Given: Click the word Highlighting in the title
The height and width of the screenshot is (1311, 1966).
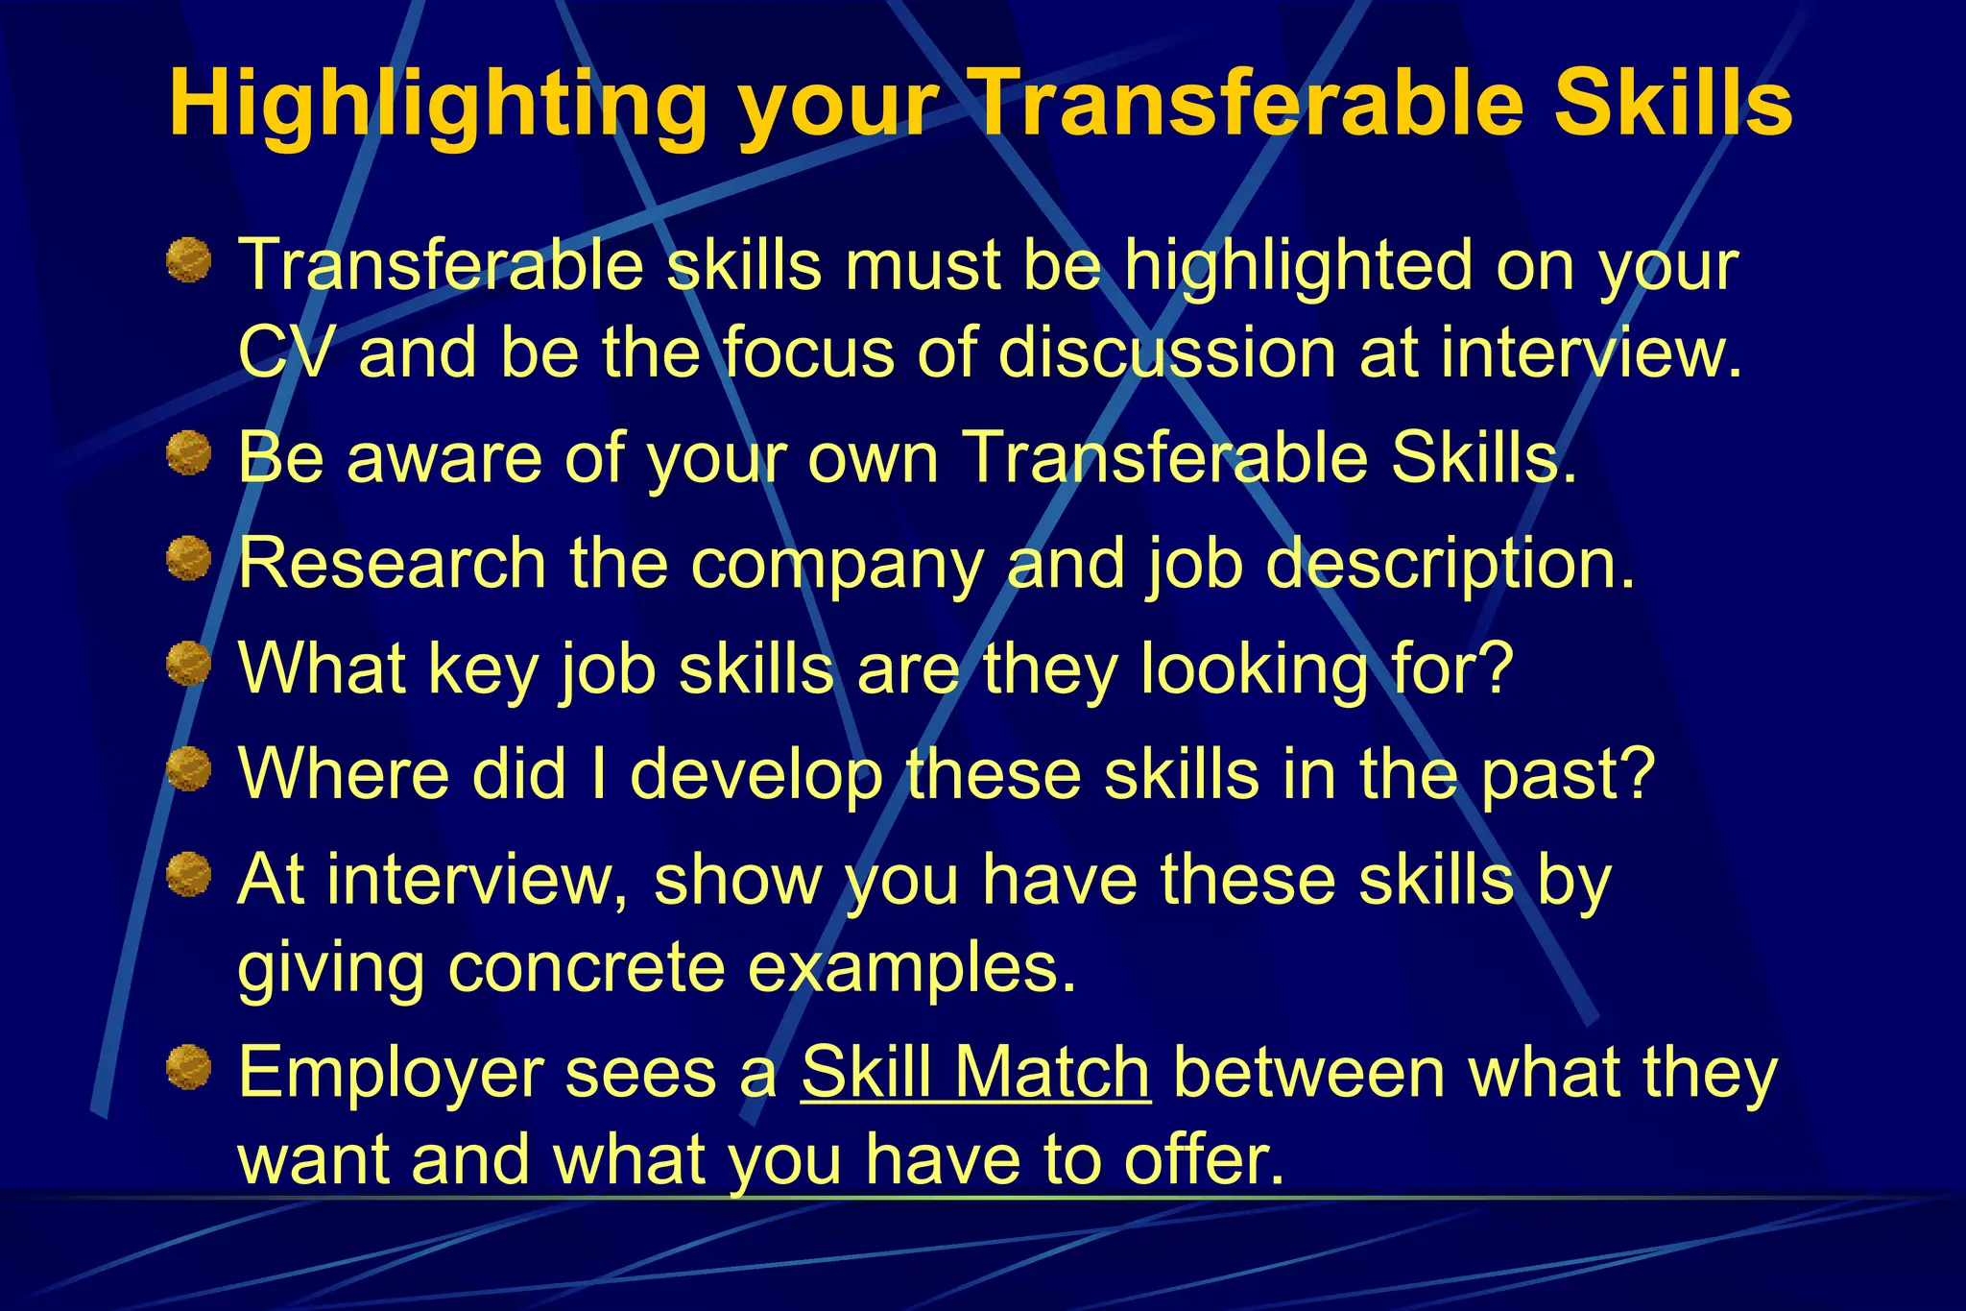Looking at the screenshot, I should point(438,106).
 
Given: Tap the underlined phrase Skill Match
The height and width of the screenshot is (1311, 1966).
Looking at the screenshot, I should point(975,1072).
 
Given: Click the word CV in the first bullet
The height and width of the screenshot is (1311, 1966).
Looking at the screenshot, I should point(286,352).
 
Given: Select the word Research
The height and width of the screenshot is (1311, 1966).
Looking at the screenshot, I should point(392,563).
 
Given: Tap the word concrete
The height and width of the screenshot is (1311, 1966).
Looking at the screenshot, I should point(586,966).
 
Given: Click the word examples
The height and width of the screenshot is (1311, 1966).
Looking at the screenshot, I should point(912,968).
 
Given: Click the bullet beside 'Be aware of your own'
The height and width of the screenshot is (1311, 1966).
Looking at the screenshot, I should point(188,453).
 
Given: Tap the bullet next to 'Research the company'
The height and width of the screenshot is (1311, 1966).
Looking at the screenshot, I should point(188,559).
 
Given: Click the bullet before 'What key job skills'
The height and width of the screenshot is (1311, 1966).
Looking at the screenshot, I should point(188,665).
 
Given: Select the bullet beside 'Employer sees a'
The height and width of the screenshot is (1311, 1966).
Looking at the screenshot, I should point(188,1068).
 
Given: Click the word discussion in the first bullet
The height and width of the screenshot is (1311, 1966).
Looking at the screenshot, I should point(1165,352).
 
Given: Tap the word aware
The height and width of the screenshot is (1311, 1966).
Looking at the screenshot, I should point(445,458).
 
